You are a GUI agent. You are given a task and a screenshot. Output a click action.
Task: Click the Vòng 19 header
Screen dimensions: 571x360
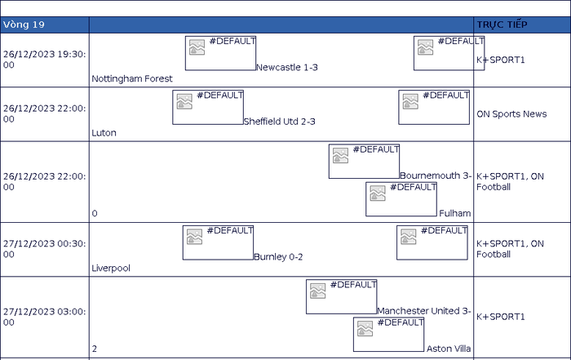tap(24, 24)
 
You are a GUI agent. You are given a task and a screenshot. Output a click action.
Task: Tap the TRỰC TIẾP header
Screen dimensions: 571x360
tap(502, 24)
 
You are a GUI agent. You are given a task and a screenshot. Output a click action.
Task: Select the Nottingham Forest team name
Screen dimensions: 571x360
tap(132, 78)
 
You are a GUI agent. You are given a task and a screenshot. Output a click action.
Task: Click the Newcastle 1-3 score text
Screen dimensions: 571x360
tap(287, 68)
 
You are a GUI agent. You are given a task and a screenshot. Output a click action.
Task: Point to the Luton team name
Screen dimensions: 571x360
tap(104, 133)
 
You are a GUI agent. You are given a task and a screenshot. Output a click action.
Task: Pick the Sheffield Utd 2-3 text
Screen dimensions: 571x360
tap(279, 122)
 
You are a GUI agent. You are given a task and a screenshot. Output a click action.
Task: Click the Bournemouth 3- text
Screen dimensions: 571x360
tap(436, 176)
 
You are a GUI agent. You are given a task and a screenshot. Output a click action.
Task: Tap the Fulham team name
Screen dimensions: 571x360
tap(455, 213)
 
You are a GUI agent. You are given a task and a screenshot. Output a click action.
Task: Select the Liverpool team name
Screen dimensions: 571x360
tap(111, 269)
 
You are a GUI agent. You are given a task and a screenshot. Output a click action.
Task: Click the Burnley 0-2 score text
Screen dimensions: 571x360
tap(278, 257)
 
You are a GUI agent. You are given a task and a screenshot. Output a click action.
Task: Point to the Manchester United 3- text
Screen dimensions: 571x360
tap(424, 311)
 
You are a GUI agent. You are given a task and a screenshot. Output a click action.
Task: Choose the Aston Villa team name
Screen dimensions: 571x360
tap(449, 349)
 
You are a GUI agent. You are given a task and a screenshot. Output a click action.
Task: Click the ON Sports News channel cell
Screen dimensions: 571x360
tap(511, 114)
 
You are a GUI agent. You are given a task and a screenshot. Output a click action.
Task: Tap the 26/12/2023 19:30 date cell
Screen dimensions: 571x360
tap(44, 60)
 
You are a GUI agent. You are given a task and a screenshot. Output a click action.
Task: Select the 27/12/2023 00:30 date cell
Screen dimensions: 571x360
tap(44, 249)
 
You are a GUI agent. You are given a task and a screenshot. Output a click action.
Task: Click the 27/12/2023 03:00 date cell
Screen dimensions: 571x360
tap(44, 317)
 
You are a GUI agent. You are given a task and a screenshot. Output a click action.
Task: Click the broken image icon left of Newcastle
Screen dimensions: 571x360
tap(197, 47)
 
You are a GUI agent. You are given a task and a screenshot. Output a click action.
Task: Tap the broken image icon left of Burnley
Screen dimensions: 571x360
tap(194, 237)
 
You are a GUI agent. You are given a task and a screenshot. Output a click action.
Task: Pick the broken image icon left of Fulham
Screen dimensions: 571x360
tap(377, 193)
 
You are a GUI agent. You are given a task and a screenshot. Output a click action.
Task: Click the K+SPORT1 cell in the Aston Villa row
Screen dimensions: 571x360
tap(501, 317)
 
